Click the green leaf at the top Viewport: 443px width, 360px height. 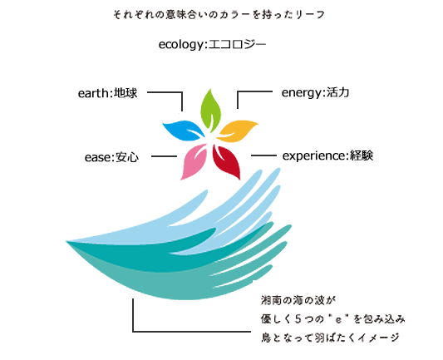pos(210,111)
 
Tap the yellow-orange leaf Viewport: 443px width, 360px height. pos(238,131)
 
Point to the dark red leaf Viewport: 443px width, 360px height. pos(228,161)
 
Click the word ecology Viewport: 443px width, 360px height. pos(181,45)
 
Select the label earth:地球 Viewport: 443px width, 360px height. pos(108,93)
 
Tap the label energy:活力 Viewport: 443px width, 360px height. pos(315,92)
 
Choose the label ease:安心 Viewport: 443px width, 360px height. pos(111,157)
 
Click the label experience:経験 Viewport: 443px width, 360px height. pos(327,155)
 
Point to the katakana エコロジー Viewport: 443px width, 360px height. pos(238,44)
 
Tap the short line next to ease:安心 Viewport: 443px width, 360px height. pos(164,156)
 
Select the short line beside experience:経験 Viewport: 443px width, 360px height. pos(263,155)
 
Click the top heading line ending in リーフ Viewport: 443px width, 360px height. pos(219,14)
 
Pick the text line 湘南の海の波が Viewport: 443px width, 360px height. pos(298,300)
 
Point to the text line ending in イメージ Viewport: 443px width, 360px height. pos(330,338)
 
